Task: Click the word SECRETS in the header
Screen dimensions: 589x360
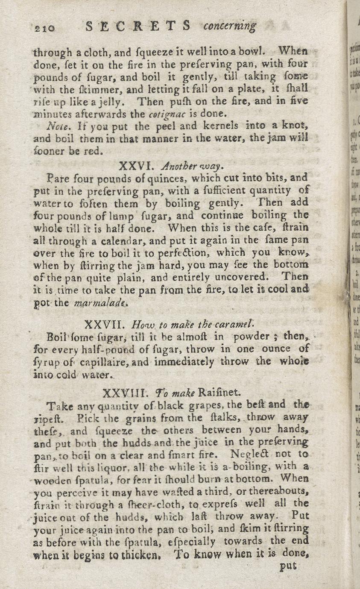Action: (x=138, y=26)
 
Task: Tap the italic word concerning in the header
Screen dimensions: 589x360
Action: (x=230, y=27)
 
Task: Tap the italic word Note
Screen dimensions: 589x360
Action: (x=56, y=127)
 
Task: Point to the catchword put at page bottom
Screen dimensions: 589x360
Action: (x=287, y=567)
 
